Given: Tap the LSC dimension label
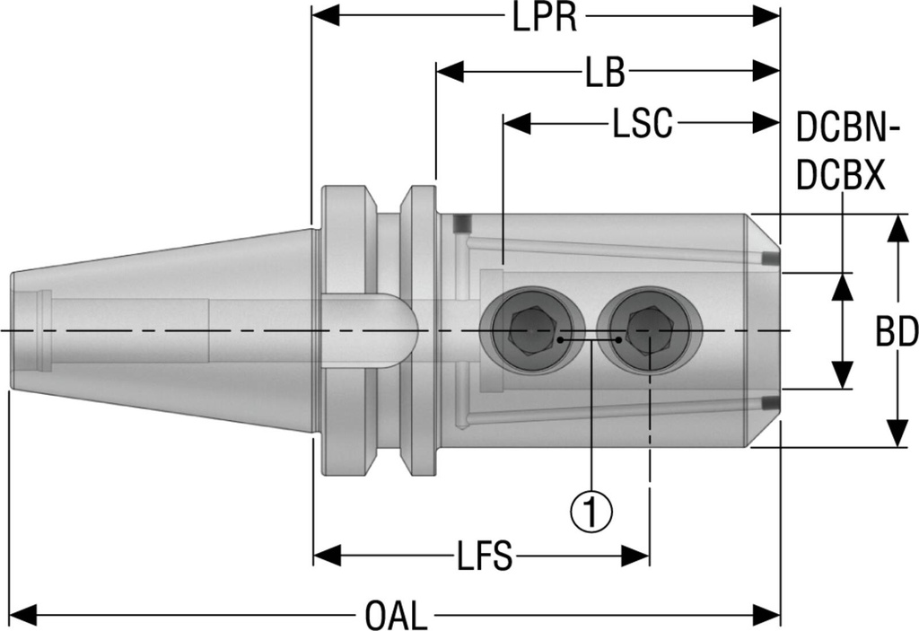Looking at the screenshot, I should (x=643, y=125).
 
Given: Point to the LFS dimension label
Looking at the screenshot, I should (x=482, y=557).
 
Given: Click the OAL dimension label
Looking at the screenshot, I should (x=397, y=616).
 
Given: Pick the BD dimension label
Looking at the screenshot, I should (x=896, y=334).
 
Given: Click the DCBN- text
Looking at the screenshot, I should (x=847, y=132).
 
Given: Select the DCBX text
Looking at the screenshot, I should (x=841, y=176).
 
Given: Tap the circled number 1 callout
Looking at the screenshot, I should (x=591, y=512).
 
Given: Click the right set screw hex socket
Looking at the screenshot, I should (x=649, y=331).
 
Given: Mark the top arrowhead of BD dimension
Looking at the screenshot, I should (x=897, y=228).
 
